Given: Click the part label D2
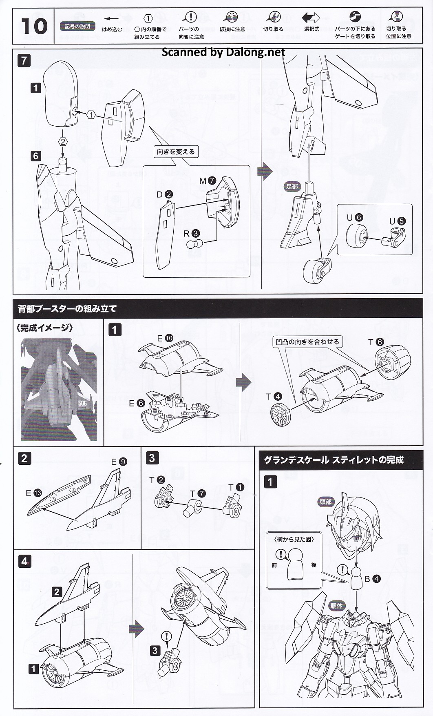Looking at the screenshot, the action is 165,195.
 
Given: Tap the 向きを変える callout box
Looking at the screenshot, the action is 176,152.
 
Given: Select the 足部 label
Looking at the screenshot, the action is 292,187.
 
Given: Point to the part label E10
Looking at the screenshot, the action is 165,338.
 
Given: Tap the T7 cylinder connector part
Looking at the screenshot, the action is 193,508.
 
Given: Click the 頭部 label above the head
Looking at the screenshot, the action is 326,502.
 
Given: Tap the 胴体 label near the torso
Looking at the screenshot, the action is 337,606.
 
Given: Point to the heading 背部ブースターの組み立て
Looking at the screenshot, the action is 67,309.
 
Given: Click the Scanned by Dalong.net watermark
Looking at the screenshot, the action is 223,52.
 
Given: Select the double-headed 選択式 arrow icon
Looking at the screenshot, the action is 311,18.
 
